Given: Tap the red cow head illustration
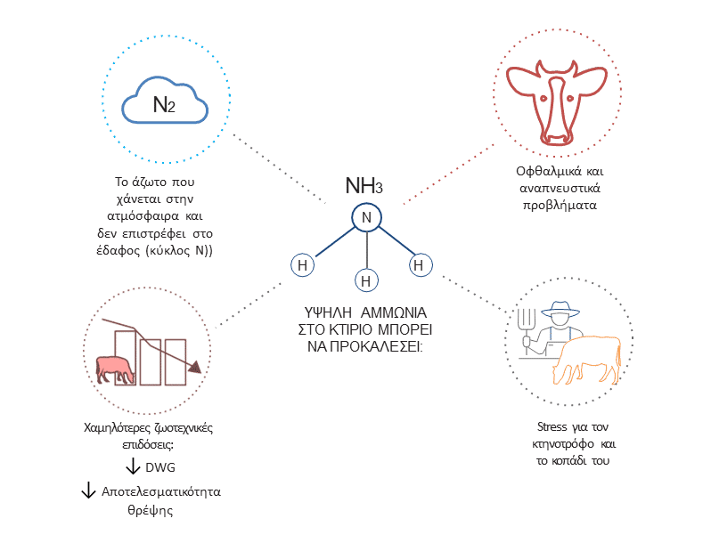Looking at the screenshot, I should (557, 99).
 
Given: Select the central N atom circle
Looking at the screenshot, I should (364, 217).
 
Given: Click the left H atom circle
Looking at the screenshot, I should (303, 264).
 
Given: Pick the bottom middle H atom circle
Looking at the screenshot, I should (364, 281).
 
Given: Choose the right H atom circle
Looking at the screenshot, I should (421, 264).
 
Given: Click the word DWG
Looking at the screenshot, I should (160, 466).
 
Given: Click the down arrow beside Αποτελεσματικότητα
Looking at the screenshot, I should (88, 490).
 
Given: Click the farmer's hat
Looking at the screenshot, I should (559, 311).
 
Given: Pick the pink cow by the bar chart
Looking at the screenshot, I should (116, 368).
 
